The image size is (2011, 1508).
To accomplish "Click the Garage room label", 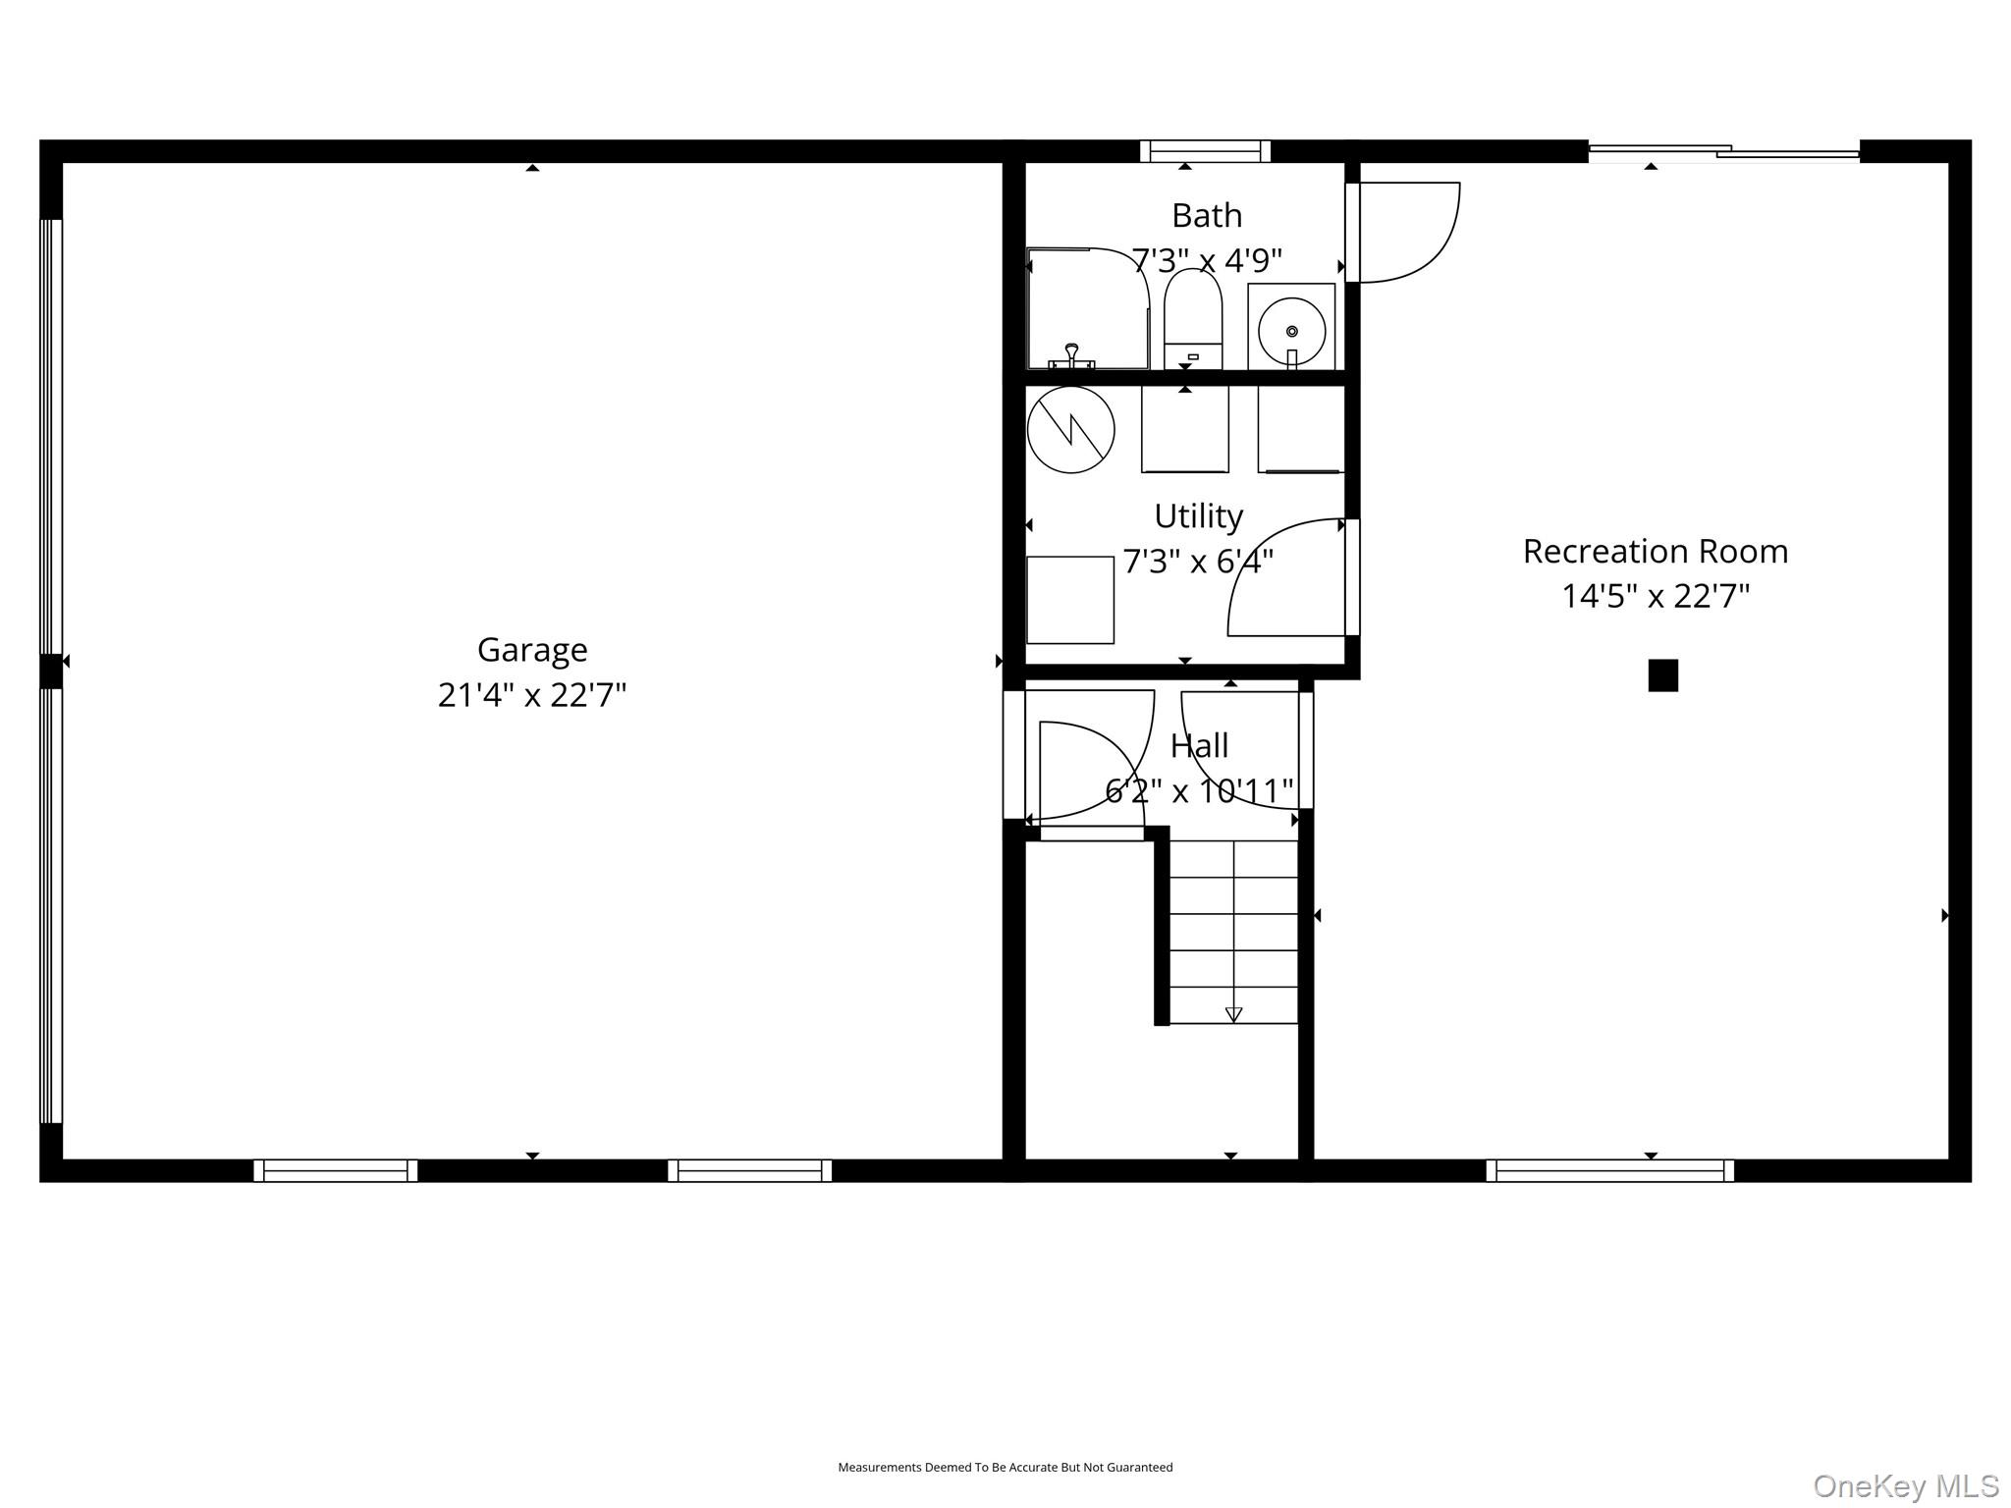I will (532, 650).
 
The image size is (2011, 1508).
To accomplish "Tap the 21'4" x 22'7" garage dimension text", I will (532, 695).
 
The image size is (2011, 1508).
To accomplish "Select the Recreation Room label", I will (1655, 552).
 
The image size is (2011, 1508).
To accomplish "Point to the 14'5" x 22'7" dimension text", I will (1656, 596).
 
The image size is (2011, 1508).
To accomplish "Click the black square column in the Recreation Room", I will (1662, 675).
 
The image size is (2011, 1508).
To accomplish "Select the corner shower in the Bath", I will (1085, 308).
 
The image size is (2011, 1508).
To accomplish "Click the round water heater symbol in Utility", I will (1070, 430).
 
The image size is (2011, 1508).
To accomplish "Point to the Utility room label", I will (1198, 516).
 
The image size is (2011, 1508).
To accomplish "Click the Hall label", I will (1199, 746).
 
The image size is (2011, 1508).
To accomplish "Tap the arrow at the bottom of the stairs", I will (1233, 1014).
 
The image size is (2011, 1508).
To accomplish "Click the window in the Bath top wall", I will (1205, 151).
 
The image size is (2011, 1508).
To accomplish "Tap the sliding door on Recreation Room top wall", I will (1723, 151).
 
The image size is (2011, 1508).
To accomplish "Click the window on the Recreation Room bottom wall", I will (1609, 1170).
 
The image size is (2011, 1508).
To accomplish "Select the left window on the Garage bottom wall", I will (335, 1170).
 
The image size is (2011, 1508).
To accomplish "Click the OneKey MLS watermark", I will (1905, 1486).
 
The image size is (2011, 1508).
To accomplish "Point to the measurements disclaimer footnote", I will (1005, 1467).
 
